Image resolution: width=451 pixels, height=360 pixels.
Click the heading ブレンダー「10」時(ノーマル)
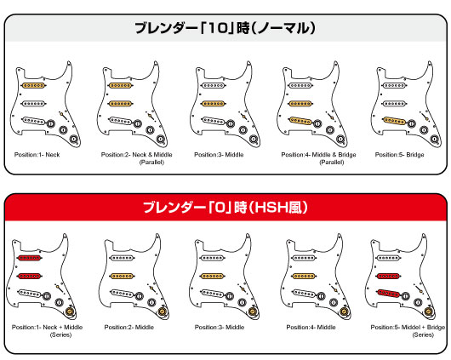pyautogui.click(x=225, y=28)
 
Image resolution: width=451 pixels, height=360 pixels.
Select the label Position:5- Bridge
pyautogui.click(x=403, y=155)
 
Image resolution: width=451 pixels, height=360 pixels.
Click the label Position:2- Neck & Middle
pyautogui.click(x=134, y=155)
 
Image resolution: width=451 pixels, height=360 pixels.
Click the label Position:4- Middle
pyautogui.click(x=311, y=327)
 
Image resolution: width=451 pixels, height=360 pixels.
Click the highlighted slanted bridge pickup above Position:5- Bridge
pyautogui.click(x=391, y=119)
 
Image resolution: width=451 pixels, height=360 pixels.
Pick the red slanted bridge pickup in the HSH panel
pyautogui.click(x=390, y=292)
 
